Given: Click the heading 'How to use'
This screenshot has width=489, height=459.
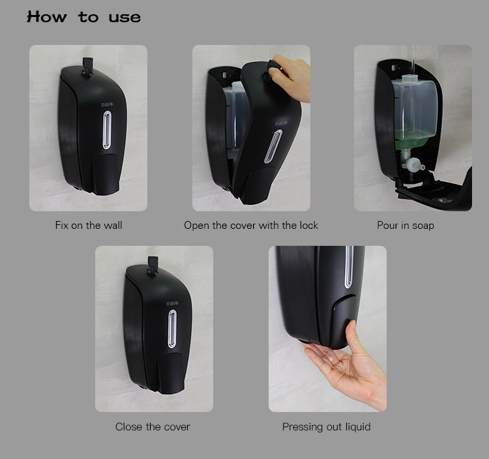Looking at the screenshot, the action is coord(84,17).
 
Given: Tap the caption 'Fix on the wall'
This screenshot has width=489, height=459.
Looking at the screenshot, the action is coord(89,225).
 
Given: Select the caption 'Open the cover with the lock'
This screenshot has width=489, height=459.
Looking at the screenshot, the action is coord(251,225).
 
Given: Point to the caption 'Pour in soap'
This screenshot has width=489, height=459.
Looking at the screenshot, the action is coord(406,225).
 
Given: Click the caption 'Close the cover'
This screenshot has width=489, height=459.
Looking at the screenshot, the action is coord(153,426).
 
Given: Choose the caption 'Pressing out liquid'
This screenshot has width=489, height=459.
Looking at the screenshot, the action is coord(326,426).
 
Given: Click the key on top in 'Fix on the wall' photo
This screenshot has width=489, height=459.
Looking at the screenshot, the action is coord(87,66).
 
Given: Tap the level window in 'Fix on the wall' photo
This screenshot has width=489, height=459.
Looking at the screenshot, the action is coord(107,130).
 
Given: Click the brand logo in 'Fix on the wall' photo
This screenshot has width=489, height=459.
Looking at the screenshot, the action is coord(108,104).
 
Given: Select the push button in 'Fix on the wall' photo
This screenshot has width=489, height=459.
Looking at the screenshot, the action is coord(106,173).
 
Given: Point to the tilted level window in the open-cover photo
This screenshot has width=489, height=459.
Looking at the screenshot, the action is coord(273,147).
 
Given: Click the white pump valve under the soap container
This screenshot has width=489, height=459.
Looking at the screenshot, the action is coord(413,164).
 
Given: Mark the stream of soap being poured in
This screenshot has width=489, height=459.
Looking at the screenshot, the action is coord(413,60).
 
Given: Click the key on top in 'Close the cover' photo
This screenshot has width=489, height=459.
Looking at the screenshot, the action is coord(153,265).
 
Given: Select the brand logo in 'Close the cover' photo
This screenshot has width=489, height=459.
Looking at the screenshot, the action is coord(173,303).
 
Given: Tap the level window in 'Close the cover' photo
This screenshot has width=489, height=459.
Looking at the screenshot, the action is coord(172,329).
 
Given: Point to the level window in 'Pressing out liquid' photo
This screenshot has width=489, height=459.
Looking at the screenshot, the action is coord(349,267).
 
